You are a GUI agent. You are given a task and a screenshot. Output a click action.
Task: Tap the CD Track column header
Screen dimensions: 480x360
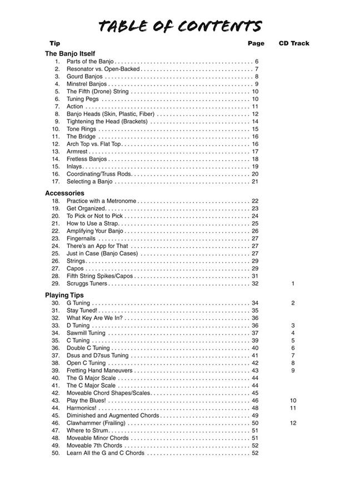pos(294,43)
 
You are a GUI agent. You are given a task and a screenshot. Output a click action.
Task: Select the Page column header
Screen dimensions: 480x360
pos(256,43)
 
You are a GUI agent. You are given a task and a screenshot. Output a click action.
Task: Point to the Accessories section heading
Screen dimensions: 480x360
pos(64,193)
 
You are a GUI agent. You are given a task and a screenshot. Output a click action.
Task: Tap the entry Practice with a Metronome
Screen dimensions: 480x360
pos(101,201)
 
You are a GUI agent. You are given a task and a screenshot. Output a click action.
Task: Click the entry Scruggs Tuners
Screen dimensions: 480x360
pos(87,283)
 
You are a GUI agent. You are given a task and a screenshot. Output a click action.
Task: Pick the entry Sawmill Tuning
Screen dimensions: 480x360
pos(86,333)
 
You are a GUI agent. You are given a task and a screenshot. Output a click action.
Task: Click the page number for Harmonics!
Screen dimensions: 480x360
pos(255,408)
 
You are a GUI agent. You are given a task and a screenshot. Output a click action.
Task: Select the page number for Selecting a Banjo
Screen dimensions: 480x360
pos(255,182)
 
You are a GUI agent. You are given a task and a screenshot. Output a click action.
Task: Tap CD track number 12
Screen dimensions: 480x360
pos(293,423)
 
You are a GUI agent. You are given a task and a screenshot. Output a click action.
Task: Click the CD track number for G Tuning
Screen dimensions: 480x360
pos(293,303)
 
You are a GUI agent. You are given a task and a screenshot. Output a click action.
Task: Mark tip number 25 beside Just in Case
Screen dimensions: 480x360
pos(56,253)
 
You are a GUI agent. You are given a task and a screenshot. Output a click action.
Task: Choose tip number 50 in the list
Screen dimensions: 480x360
pos(56,453)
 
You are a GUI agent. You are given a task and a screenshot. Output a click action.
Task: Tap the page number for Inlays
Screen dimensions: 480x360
pos(255,167)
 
